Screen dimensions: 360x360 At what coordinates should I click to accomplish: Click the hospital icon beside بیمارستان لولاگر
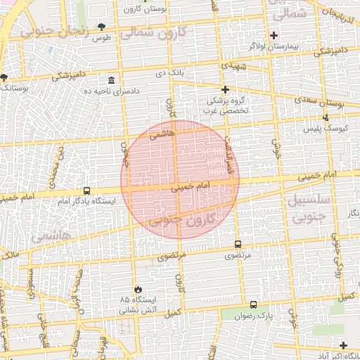click(x=274, y=35)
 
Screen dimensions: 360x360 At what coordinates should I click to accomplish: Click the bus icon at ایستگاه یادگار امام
click(x=86, y=190)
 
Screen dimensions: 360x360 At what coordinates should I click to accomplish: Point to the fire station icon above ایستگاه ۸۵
click(x=138, y=289)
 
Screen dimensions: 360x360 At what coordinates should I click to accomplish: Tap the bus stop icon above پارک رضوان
click(x=253, y=304)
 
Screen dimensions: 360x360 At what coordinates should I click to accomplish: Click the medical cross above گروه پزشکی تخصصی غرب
click(x=225, y=89)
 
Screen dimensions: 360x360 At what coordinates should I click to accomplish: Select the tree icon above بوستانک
click(x=4, y=77)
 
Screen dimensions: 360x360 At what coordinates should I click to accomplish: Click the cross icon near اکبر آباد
click(x=343, y=345)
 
